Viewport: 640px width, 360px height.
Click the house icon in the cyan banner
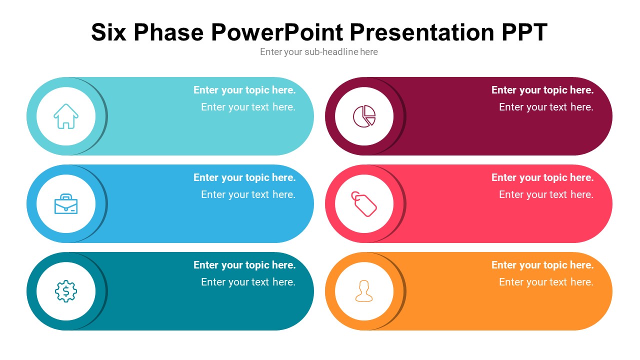point(66,116)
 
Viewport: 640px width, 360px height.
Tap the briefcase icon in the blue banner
point(66,204)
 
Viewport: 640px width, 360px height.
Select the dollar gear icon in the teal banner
point(66,291)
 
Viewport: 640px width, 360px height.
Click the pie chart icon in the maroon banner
point(364,116)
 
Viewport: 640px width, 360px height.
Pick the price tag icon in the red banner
point(364,204)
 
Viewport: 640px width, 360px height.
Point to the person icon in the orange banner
point(364,291)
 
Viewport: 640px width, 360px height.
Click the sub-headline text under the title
point(319,52)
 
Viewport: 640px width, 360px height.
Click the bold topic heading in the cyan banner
point(244,90)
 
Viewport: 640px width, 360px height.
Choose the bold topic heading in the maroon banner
point(542,90)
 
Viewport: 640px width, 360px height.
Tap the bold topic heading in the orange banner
point(542,265)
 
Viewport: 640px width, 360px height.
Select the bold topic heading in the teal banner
point(244,265)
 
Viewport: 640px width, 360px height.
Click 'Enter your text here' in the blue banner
point(248,194)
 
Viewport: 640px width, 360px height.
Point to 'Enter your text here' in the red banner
point(546,194)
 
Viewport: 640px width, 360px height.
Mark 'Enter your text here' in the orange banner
point(546,282)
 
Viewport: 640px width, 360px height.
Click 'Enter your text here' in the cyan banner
point(248,107)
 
